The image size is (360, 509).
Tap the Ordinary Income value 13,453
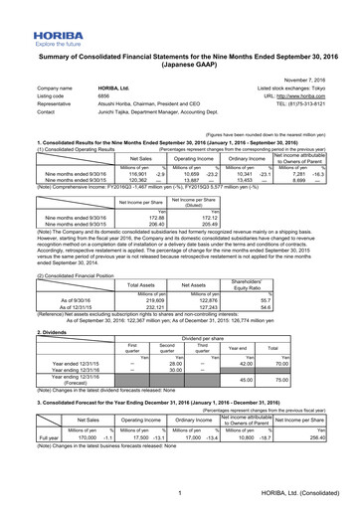tap(236, 182)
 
